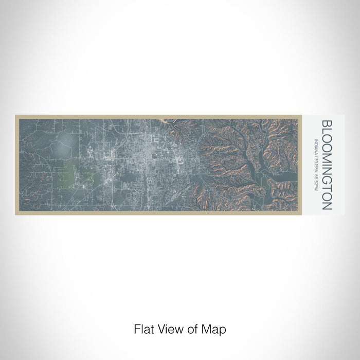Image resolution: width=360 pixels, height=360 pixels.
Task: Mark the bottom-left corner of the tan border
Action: coord(16,214)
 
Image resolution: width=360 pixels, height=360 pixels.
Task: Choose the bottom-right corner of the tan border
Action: coord(300,214)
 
